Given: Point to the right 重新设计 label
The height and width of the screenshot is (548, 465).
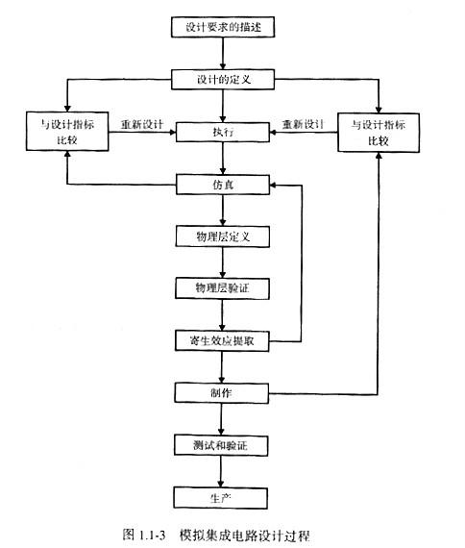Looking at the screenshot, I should (x=303, y=124).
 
